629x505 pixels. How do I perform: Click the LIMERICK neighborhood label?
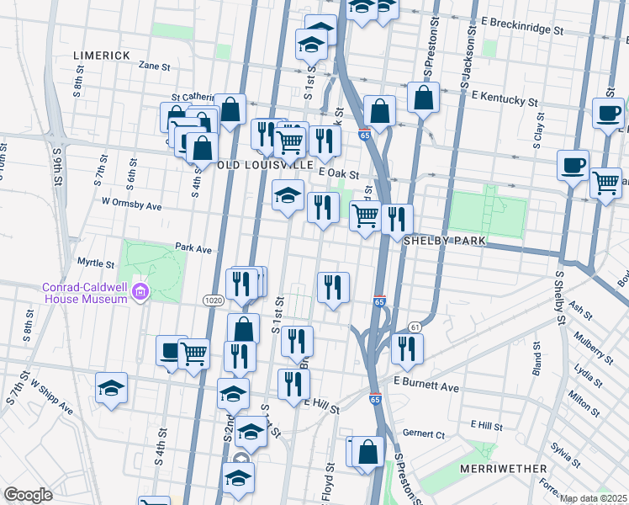(x=100, y=55)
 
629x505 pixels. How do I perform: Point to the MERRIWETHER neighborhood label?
(x=504, y=468)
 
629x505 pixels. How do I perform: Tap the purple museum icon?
(x=140, y=292)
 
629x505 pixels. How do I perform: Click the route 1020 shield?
(x=212, y=300)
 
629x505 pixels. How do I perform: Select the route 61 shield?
(x=415, y=327)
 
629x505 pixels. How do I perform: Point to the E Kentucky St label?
(x=505, y=99)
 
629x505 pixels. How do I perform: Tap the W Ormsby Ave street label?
(x=130, y=204)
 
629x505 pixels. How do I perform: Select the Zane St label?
(x=154, y=65)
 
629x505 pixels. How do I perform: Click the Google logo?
(x=28, y=495)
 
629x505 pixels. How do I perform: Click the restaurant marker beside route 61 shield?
(x=407, y=348)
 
